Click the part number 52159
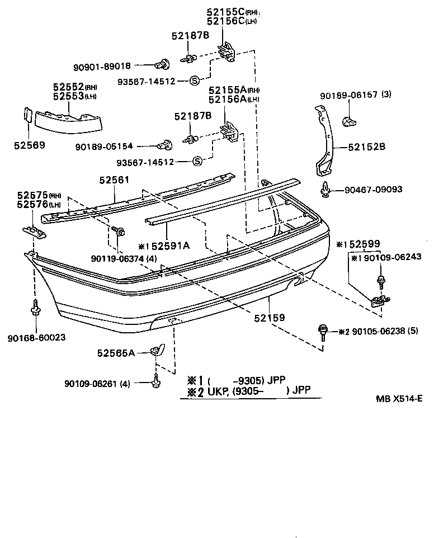pos(270,317)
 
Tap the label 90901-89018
pos(101,66)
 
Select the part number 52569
pos(29,145)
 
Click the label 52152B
pos(366,148)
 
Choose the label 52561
pos(115,180)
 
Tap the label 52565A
pos(116,352)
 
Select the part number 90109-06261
pos(90,384)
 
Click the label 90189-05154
pos(103,147)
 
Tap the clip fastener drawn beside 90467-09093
pos(326,190)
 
